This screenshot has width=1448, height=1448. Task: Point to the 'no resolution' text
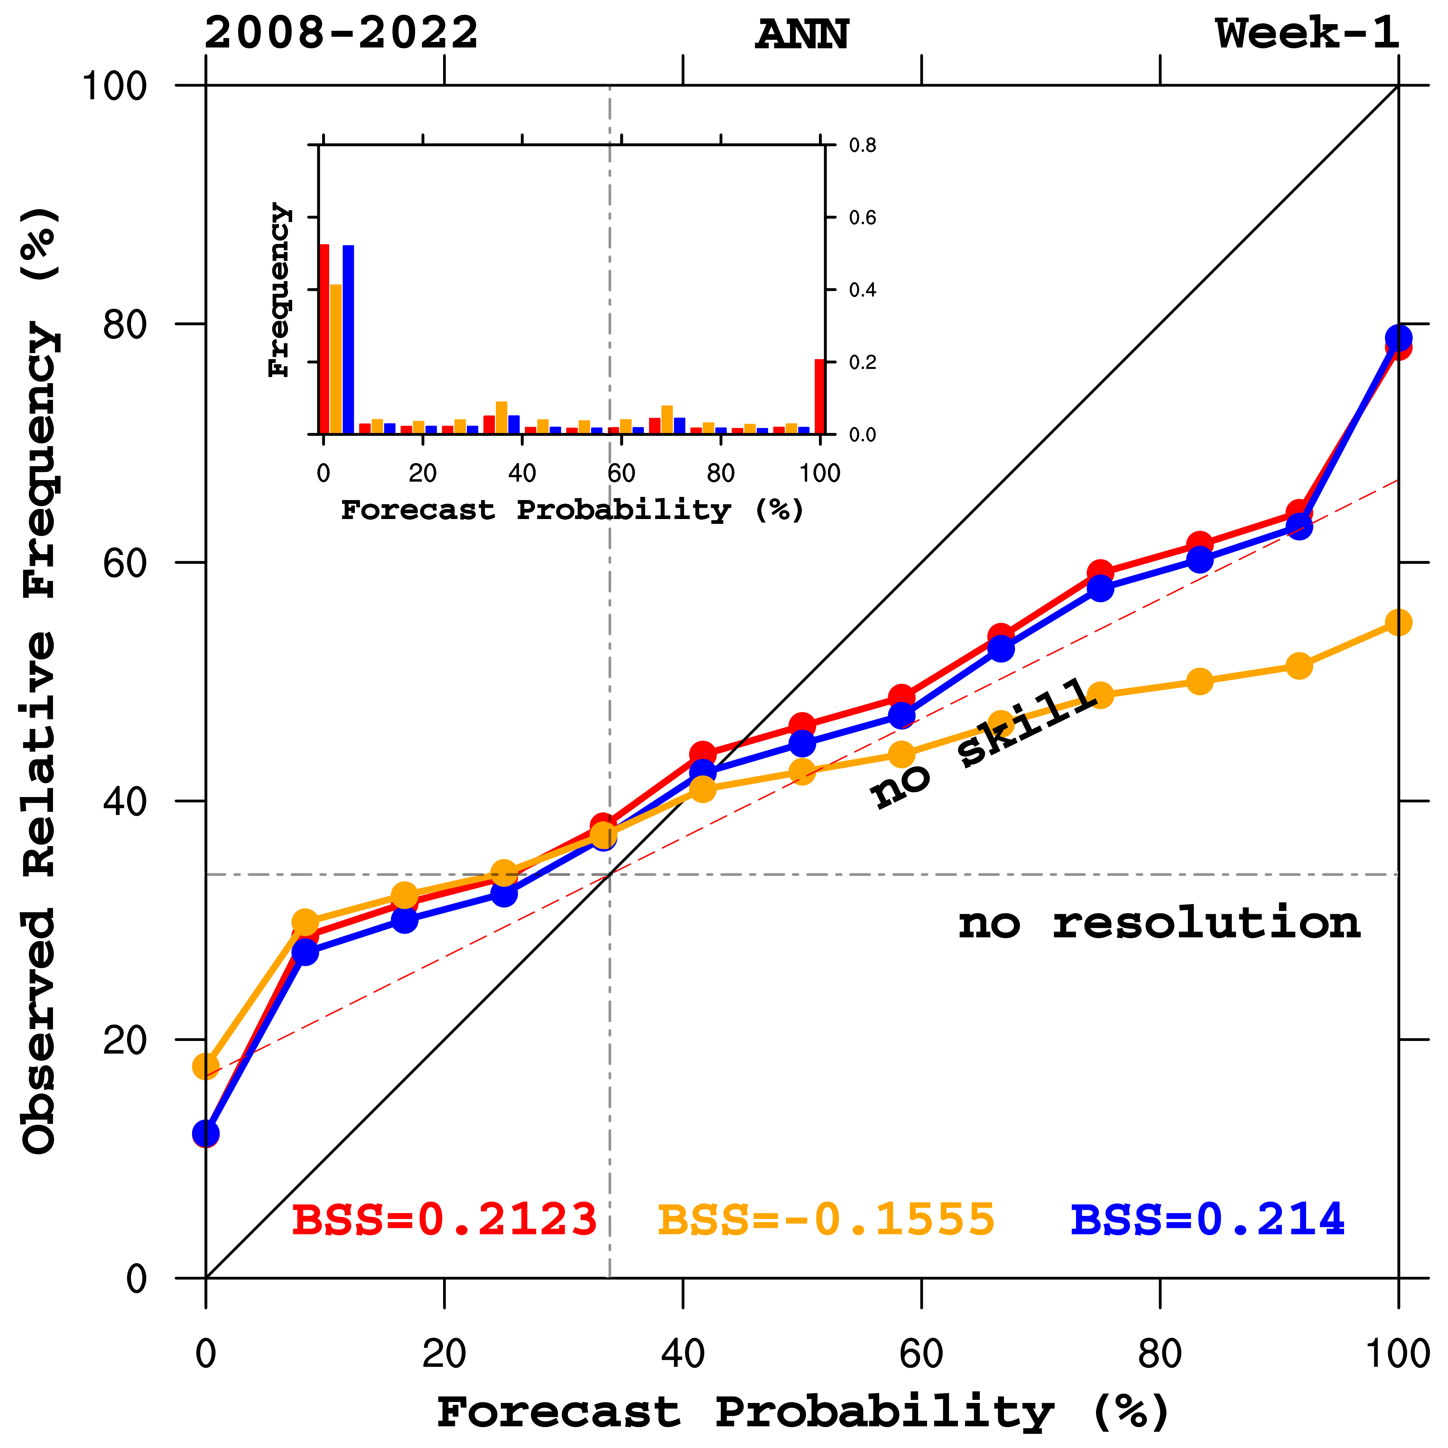1159,924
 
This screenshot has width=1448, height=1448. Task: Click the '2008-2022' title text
341,34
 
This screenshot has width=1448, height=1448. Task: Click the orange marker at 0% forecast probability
206,1066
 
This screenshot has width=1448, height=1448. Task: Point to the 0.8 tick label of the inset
862,145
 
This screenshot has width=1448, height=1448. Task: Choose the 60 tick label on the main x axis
921,1354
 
